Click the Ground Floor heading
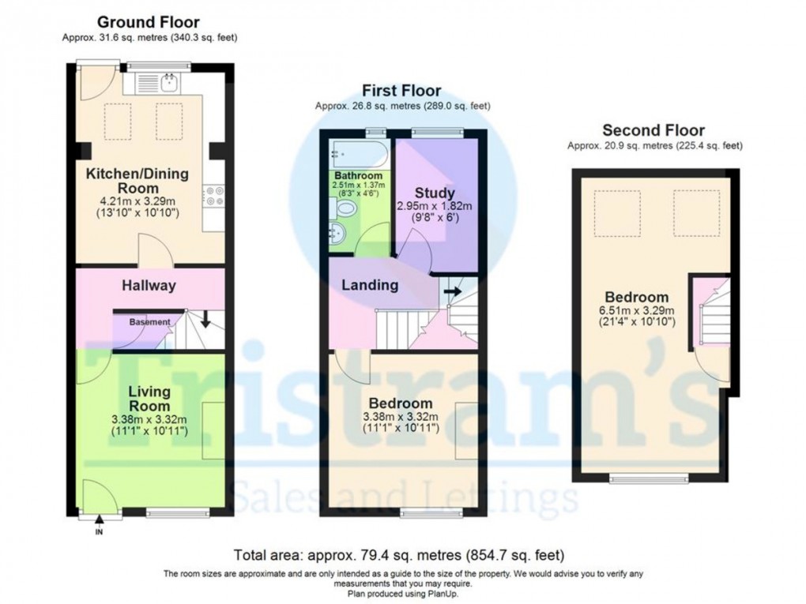(149, 22)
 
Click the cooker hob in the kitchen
(213, 195)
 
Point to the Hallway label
(149, 285)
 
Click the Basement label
(149, 321)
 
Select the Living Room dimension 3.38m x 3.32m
(149, 419)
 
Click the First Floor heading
(401, 91)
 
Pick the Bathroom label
(358, 175)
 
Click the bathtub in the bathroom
(358, 152)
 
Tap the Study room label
(435, 193)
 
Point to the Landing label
(370, 285)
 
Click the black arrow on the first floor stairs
(452, 291)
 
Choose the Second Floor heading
(653, 130)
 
